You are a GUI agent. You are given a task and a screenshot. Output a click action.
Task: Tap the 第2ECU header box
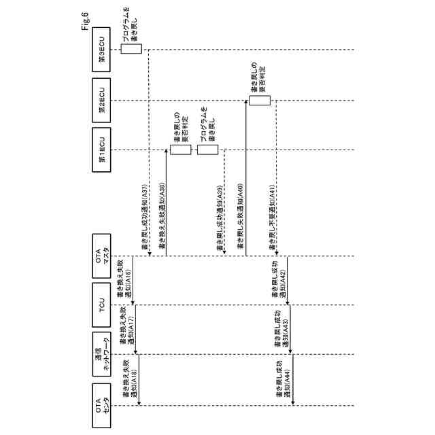(x=101, y=101)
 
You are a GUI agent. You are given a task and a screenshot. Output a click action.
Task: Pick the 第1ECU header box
(x=101, y=150)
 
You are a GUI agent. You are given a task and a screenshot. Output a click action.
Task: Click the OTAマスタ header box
(x=101, y=256)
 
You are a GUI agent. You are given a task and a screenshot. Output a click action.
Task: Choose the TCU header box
(x=101, y=305)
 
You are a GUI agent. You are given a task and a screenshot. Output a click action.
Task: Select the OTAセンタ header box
(x=101, y=405)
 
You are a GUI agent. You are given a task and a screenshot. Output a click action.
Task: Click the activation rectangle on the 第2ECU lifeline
(x=259, y=101)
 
